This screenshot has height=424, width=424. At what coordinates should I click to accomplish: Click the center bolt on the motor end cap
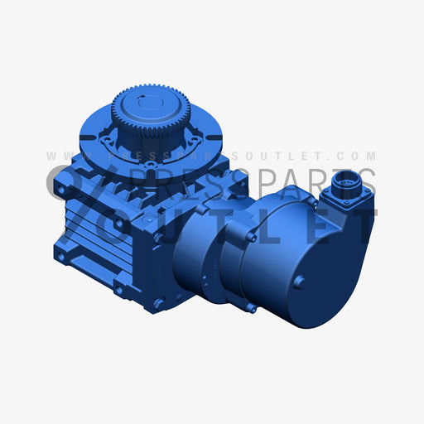pos(300,282)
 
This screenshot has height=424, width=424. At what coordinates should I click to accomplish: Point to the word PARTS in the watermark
pos(331,183)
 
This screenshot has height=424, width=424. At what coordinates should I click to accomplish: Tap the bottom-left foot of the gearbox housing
pos(62,257)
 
